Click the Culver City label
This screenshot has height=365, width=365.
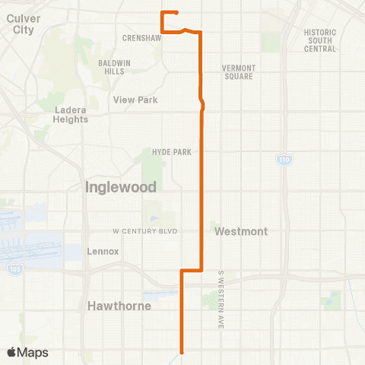click(17, 24)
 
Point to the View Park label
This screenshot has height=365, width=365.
click(135, 99)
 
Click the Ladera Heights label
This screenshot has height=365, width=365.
click(71, 114)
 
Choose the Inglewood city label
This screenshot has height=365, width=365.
click(120, 186)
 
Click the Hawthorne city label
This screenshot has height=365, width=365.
click(119, 306)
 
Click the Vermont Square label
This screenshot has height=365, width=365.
click(239, 72)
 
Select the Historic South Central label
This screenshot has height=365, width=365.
click(319, 40)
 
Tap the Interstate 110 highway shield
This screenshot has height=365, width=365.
click(282, 161)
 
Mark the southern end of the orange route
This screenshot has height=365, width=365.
click(181, 351)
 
